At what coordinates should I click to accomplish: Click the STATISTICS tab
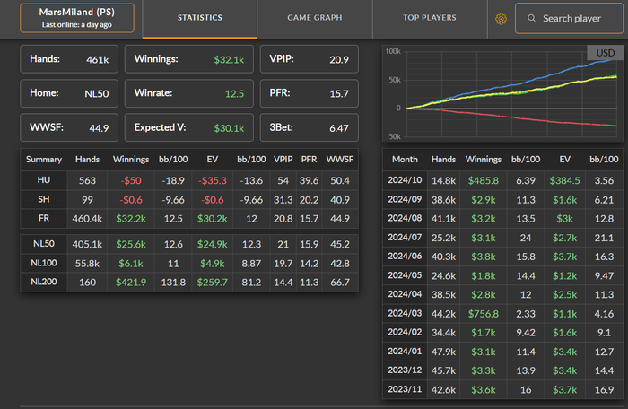click(199, 18)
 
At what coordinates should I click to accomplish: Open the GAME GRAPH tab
click(314, 18)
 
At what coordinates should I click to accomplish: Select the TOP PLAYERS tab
click(429, 18)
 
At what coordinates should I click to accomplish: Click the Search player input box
click(571, 18)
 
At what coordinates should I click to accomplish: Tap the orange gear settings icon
click(501, 18)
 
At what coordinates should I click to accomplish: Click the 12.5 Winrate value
click(235, 93)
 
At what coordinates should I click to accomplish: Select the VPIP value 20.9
click(338, 59)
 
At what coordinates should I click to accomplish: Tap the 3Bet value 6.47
click(338, 128)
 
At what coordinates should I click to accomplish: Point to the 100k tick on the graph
click(392, 51)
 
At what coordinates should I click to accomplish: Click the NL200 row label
click(43, 281)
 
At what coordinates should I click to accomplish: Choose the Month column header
click(406, 159)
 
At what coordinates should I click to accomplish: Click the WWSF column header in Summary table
click(340, 159)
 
